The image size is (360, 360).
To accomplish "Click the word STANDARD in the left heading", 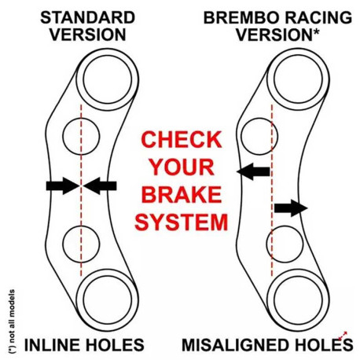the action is pos(87,18).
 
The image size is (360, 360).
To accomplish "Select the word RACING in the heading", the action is pos(318,18).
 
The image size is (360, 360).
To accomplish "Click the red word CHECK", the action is pos(182,140).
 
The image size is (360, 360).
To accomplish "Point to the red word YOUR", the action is pos(182,167).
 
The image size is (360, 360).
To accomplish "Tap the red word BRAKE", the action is pos(182,195).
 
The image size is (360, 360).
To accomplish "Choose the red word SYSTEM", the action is pos(182,222).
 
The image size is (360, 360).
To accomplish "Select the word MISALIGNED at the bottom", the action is pos(236,345).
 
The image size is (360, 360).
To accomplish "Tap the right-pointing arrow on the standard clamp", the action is pos(63,186).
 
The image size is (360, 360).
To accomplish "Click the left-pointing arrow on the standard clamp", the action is pos(100,186).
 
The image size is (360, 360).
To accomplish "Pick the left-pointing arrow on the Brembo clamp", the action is pos(253,171).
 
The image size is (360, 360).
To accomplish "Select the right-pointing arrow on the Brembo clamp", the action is pos(291,208).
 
